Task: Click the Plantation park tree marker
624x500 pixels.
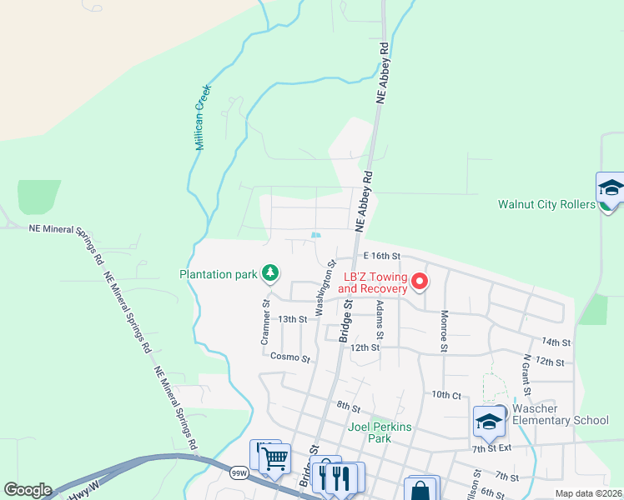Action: click(x=270, y=272)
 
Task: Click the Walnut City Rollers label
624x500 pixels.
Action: click(x=544, y=204)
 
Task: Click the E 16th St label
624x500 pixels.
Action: click(x=381, y=256)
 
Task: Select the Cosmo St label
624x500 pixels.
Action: click(x=290, y=358)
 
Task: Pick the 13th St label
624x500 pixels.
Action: click(x=293, y=319)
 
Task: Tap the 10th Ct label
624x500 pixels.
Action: click(x=446, y=394)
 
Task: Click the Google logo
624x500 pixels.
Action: click(x=28, y=490)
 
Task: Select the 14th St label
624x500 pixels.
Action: click(x=555, y=342)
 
